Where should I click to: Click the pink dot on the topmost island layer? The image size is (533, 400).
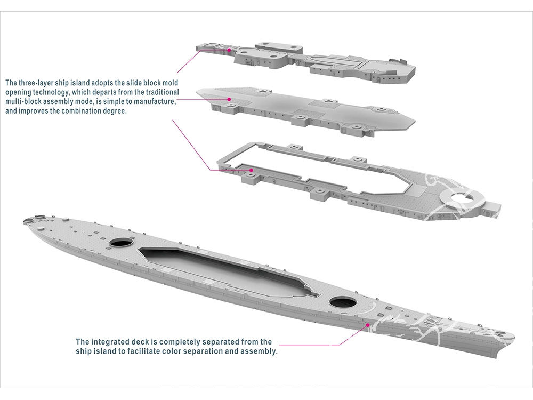coord(229,50)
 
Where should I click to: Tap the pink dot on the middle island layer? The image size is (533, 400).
coord(229,99)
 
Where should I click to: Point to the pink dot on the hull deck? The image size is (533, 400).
coord(367,324)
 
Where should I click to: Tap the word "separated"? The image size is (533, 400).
coord(213,342)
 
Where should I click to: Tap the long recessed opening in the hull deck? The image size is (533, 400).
coord(224,272)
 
